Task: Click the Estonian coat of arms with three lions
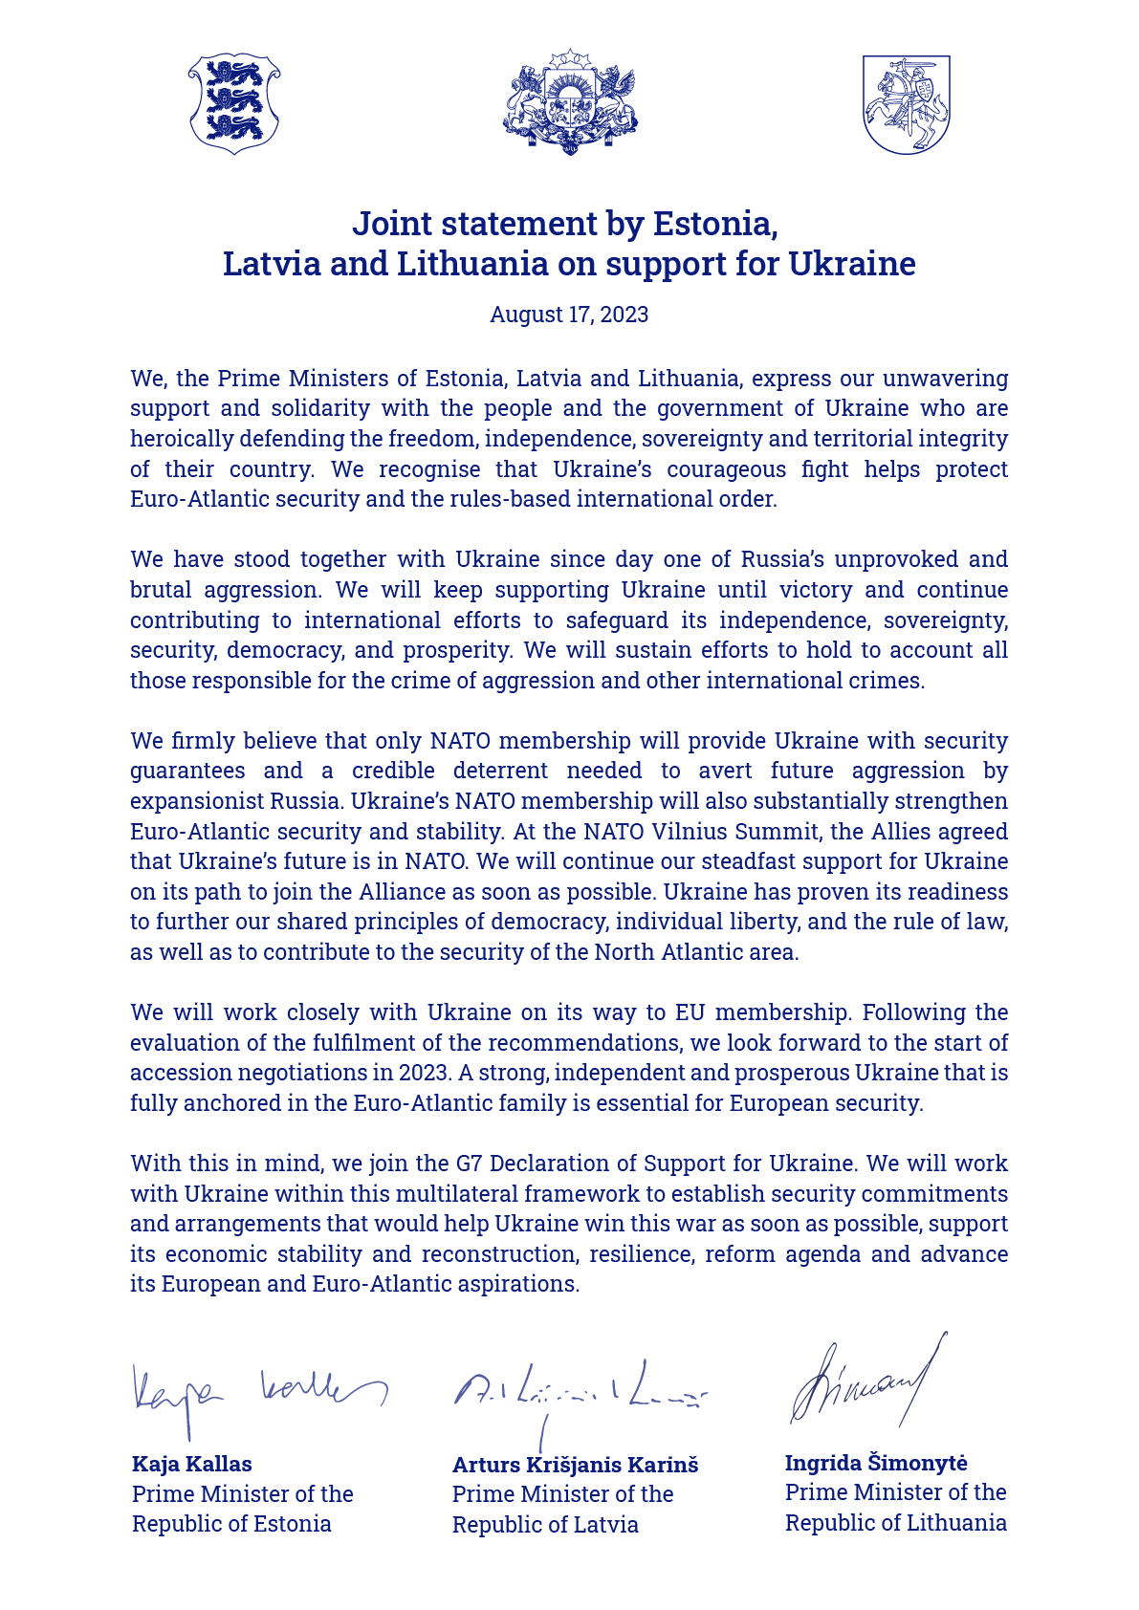234,103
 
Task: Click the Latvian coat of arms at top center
570,102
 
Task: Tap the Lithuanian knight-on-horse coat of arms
906,103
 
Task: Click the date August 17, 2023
569,315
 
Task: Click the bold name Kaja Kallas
191,1464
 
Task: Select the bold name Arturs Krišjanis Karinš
575,1465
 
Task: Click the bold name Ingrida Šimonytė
876,1462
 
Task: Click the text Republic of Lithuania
895,1522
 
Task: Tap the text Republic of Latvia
545,1524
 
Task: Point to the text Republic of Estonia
231,1523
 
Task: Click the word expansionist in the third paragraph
189,801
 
